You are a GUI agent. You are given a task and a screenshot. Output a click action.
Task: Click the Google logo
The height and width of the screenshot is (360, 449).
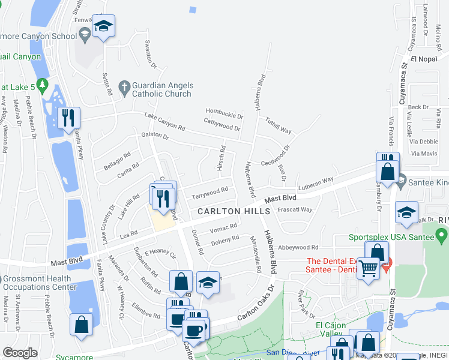[x=20, y=352]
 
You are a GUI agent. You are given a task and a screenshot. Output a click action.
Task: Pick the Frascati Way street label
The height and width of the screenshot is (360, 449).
[x=295, y=210]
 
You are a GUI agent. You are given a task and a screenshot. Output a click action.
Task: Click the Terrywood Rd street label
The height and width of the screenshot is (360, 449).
[x=209, y=193]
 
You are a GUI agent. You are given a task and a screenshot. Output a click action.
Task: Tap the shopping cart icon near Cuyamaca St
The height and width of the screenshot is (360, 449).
[x=367, y=268]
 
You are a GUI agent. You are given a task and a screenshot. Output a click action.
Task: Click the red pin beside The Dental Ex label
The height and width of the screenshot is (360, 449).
[x=388, y=263]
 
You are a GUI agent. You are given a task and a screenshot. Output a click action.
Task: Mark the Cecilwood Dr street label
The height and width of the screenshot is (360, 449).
[x=276, y=156]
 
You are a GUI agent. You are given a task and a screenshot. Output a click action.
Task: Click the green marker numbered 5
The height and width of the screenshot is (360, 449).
[x=42, y=85]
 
